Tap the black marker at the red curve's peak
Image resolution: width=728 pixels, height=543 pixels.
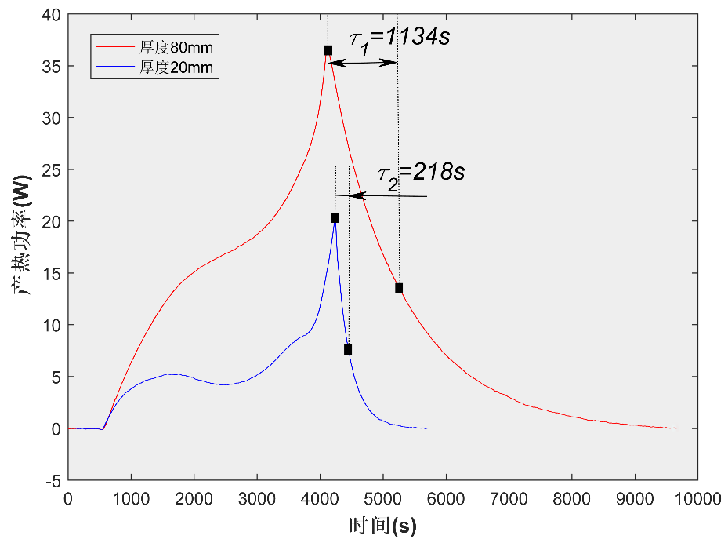pyautogui.click(x=328, y=50)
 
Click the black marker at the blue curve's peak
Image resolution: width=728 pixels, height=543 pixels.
pyautogui.click(x=335, y=218)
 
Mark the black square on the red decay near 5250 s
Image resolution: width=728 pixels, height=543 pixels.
pyautogui.click(x=399, y=288)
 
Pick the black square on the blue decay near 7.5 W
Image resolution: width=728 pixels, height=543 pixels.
pyautogui.click(x=348, y=349)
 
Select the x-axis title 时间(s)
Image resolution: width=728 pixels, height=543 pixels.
pyautogui.click(x=382, y=524)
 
